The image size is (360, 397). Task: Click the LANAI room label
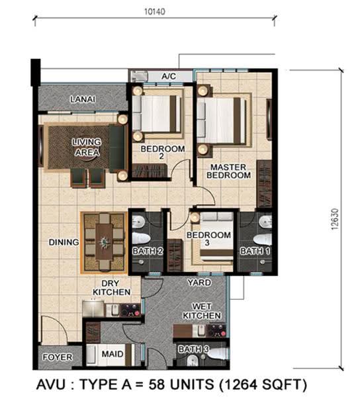(x=83, y=99)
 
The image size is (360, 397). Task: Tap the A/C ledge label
(x=169, y=76)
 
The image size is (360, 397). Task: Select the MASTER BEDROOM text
(x=228, y=171)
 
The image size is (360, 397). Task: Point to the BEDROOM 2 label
(x=163, y=152)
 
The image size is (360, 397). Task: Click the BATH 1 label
(x=255, y=251)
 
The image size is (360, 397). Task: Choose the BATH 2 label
(x=148, y=251)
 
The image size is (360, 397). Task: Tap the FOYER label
(x=58, y=357)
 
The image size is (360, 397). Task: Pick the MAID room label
(x=112, y=354)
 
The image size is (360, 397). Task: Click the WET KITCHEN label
(x=202, y=311)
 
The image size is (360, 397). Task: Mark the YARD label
(x=199, y=283)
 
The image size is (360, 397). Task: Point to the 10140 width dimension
(x=155, y=12)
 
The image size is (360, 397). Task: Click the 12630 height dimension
(x=335, y=219)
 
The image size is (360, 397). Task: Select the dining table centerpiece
(x=105, y=242)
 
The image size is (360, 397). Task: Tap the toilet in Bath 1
(x=263, y=240)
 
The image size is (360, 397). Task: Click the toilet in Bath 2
(x=141, y=239)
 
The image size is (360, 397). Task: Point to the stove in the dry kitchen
(x=130, y=310)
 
